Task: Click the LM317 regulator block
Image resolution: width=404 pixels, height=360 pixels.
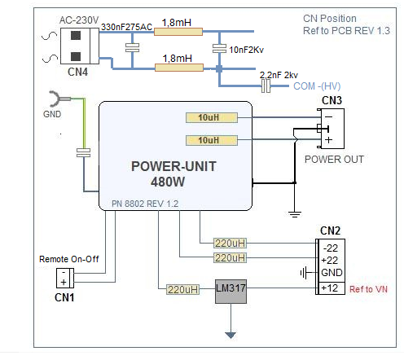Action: tap(231, 292)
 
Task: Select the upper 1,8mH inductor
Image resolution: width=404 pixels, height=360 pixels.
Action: tap(178, 32)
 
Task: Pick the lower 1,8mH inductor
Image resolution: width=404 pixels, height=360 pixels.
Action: tap(179, 68)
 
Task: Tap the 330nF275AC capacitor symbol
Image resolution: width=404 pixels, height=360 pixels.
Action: tap(132, 47)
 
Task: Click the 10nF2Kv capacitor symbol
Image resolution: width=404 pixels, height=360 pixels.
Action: tap(219, 48)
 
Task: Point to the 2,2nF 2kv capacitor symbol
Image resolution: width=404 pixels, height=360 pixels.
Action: tap(266, 86)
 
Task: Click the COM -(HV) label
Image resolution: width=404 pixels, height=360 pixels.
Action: tap(317, 86)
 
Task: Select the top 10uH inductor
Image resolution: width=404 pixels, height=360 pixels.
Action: tap(212, 117)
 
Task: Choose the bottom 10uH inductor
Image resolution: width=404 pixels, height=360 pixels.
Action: tap(212, 140)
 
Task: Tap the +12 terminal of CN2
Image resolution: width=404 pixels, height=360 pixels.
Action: tap(330, 288)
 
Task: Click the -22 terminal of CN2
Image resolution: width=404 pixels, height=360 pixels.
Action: tap(331, 248)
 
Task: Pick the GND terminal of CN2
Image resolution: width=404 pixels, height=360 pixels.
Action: tap(332, 272)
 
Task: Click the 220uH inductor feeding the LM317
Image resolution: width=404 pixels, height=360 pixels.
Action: tap(182, 289)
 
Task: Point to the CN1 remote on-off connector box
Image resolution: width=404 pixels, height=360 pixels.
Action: tap(65, 278)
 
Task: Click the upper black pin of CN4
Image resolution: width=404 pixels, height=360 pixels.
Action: tap(76, 36)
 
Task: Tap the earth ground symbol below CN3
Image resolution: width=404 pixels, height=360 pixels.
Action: tap(295, 214)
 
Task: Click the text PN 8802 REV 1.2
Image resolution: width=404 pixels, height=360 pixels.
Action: tap(145, 204)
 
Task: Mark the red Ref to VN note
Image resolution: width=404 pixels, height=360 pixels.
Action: tap(368, 289)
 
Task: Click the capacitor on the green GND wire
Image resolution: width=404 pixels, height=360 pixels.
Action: tap(83, 152)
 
